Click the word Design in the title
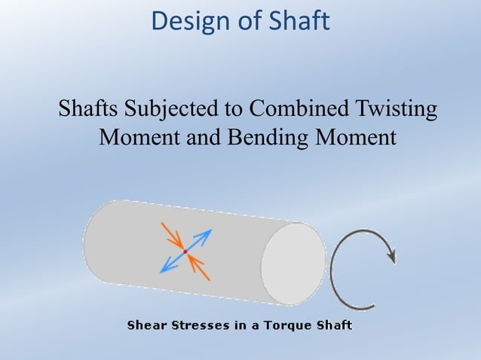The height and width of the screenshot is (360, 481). click(x=187, y=21)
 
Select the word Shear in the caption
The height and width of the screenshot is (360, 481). click(x=147, y=326)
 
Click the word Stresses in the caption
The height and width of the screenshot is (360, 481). click(x=201, y=326)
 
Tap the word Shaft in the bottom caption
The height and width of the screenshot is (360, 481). click(x=332, y=326)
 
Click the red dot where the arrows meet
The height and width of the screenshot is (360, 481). click(x=185, y=252)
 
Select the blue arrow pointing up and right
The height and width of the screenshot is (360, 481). click(x=201, y=239)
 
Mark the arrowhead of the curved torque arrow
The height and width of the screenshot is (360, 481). click(x=391, y=257)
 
